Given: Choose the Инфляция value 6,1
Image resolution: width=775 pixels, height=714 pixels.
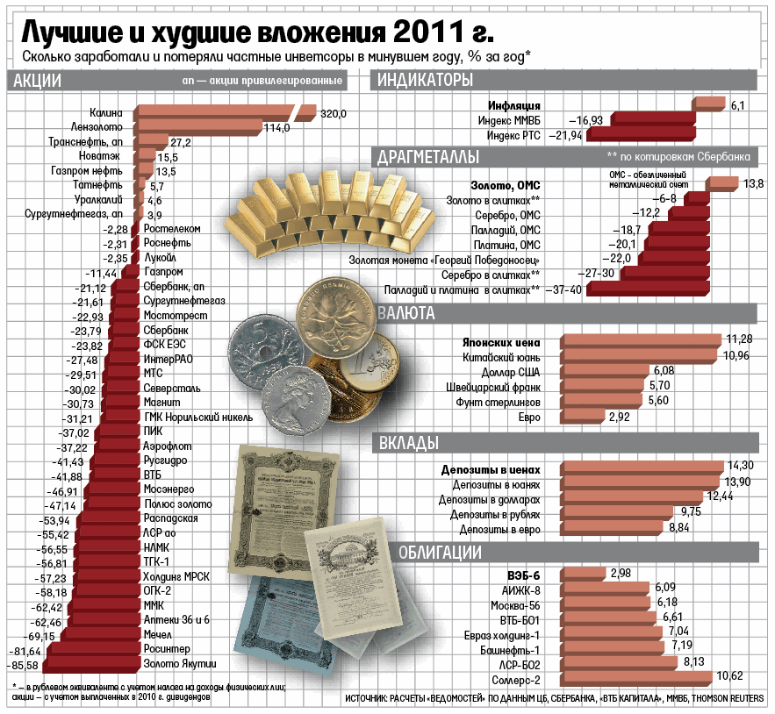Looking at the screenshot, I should tap(737, 105).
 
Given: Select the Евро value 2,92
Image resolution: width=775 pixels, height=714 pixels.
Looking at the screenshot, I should tap(619, 417).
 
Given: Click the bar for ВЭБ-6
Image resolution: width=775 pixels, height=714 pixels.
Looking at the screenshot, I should tap(580, 575).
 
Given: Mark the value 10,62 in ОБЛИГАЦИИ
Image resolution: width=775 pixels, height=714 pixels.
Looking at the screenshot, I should tap(730, 675).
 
